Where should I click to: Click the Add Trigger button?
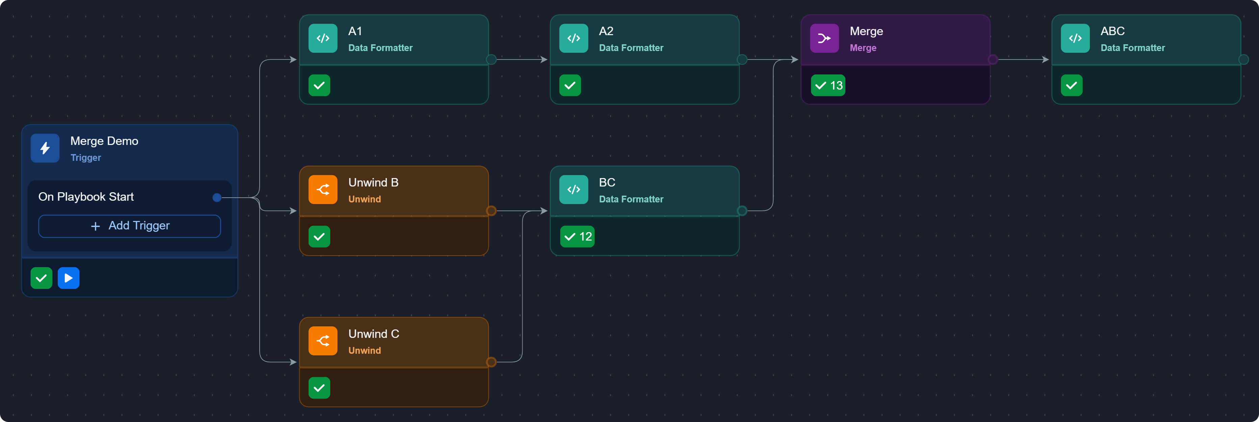(130, 226)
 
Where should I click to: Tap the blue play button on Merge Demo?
(69, 278)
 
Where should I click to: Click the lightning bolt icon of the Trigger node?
(45, 148)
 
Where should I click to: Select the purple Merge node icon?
(824, 38)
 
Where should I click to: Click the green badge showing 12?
(577, 237)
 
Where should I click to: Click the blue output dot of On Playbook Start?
(217, 198)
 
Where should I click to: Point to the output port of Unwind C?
(491, 362)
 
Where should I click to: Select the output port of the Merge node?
(993, 60)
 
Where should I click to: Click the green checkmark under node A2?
(570, 85)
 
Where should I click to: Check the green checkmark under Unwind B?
(319, 237)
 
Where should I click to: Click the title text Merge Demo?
(104, 141)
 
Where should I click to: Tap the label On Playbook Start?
(86, 197)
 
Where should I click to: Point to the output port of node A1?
(491, 60)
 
